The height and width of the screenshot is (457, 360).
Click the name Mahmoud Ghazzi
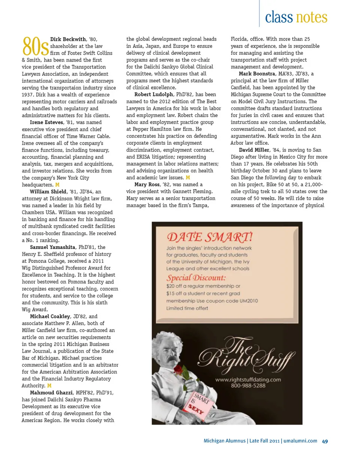pyautogui.click(x=51, y=393)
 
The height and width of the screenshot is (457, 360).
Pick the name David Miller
pyautogui.click(x=254, y=150)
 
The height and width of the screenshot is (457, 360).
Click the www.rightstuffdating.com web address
pyautogui.click(x=248, y=379)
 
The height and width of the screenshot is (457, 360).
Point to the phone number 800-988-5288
pyautogui.click(x=248, y=385)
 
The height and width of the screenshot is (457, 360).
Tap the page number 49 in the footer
pyautogui.click(x=325, y=441)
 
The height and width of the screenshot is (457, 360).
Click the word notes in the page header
pyautogui.click(x=312, y=17)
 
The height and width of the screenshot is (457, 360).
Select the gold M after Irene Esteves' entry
pyautogui.click(x=57, y=185)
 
